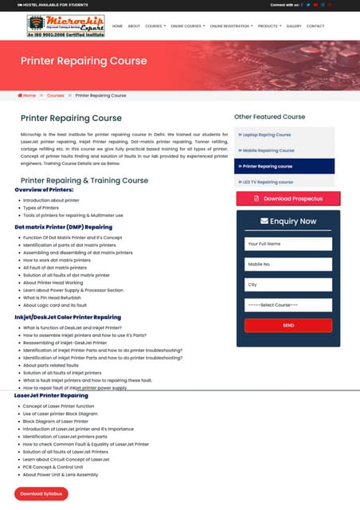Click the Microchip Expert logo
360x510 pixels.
point(65,26)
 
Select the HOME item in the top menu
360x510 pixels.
point(117,26)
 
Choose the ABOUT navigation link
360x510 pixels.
point(134,26)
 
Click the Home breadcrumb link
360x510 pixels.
point(29,96)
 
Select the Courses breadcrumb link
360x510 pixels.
point(55,96)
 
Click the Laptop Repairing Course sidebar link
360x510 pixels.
point(268,135)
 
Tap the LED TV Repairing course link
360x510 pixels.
point(267,182)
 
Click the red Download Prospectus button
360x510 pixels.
point(288,198)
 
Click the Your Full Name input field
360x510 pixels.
point(288,243)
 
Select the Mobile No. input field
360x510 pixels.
point(288,264)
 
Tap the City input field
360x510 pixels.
point(288,284)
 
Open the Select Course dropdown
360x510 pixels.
point(288,305)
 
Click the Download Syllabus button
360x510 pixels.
point(40,494)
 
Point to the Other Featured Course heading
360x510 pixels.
point(269,117)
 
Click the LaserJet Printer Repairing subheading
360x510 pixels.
point(51,395)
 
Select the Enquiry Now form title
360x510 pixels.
point(288,222)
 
